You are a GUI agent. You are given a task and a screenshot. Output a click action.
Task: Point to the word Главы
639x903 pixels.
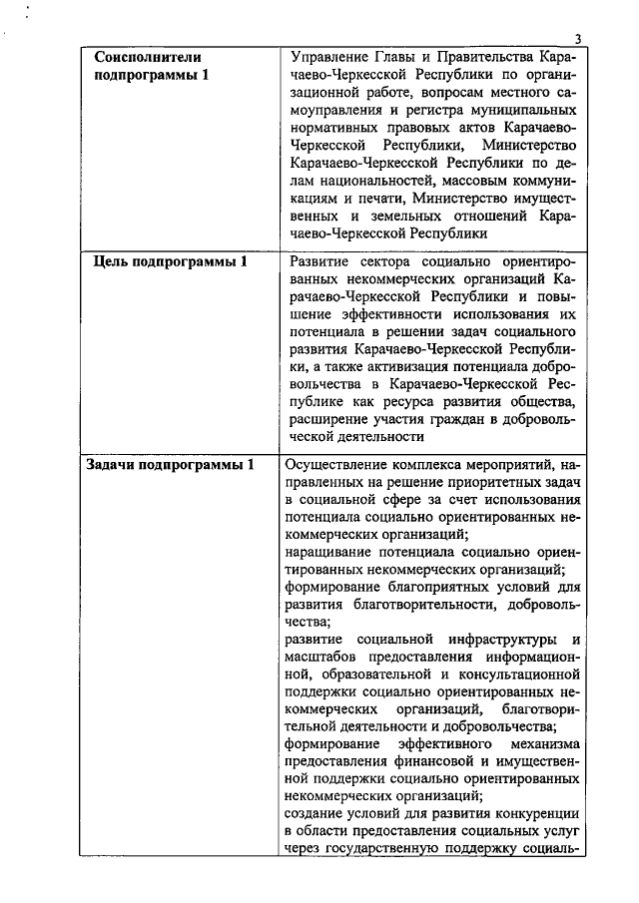coord(411,58)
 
